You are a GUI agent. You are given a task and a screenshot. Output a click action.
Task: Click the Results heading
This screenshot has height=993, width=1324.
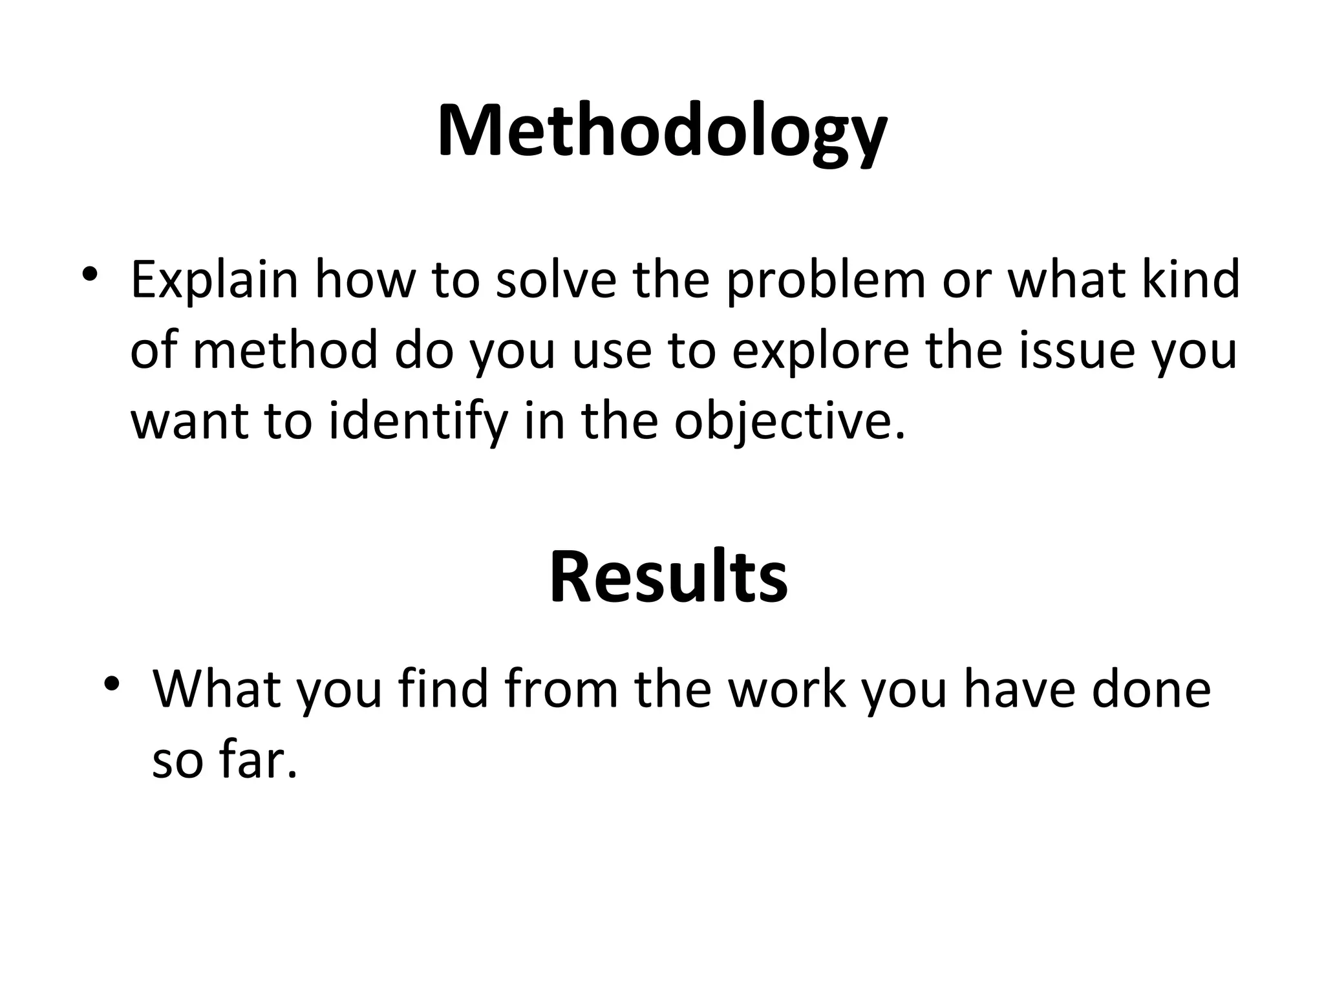point(668,577)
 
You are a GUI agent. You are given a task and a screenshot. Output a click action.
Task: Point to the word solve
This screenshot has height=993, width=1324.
point(556,279)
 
